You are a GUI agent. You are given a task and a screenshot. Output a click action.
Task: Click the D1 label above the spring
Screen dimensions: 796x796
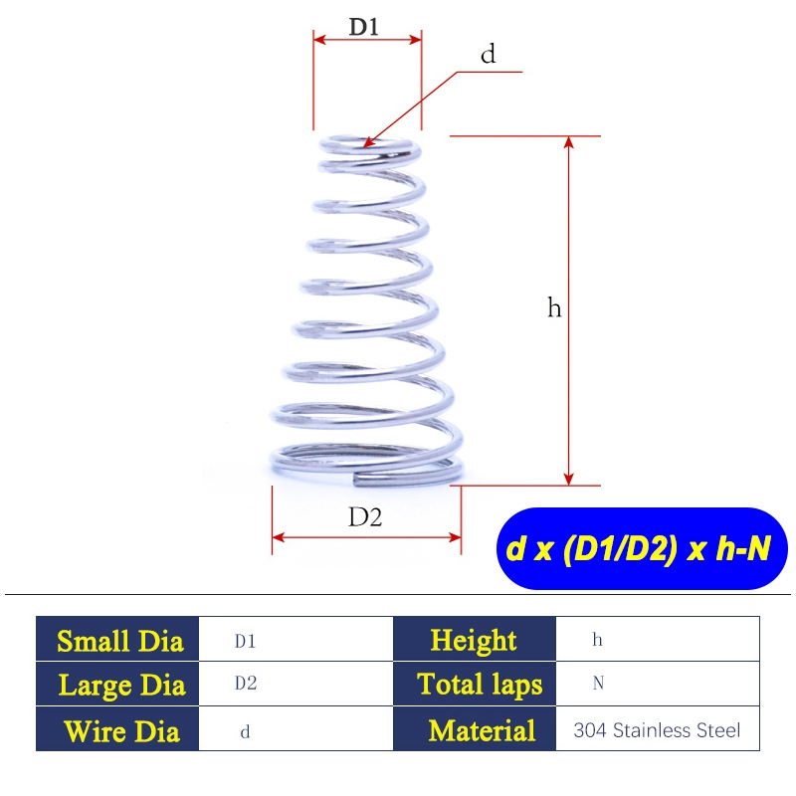pos(364,27)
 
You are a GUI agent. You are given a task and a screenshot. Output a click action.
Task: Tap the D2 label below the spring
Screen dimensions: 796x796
pos(365,517)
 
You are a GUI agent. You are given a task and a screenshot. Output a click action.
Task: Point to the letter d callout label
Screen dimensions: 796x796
pos(488,54)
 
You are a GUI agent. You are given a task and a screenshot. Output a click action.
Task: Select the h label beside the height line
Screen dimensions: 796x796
pos(554,307)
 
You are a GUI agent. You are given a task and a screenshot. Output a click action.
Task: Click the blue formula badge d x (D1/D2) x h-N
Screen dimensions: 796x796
pos(642,548)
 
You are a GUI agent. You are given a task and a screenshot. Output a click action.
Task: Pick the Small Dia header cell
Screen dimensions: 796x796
pos(117,639)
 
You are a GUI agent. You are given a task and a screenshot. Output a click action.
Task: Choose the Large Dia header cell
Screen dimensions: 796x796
pos(117,684)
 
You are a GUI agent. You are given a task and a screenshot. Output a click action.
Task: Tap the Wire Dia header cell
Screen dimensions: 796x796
pos(117,728)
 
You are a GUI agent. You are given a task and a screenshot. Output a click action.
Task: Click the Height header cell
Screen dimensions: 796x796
pos(475,639)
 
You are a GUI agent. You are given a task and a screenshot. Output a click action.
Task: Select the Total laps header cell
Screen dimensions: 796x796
pos(475,684)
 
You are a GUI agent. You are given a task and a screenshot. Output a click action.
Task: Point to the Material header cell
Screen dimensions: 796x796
pos(475,728)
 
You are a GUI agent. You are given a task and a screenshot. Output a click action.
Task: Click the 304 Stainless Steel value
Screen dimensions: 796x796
pos(657,730)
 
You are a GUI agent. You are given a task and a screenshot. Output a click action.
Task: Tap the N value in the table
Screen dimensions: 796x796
pos(598,684)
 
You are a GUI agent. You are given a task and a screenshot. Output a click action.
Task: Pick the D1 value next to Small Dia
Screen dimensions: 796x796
pos(245,642)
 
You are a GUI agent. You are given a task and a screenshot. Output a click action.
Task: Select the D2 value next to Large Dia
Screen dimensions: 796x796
pos(246,684)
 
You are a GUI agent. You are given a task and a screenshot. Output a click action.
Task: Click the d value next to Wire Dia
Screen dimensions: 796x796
pos(245,731)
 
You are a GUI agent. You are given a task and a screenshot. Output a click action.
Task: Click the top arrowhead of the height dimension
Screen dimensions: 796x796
pos(568,141)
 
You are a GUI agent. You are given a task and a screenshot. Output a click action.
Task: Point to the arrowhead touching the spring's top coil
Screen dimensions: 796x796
pos(368,142)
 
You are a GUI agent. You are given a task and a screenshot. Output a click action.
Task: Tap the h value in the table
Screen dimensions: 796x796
pos(598,640)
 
